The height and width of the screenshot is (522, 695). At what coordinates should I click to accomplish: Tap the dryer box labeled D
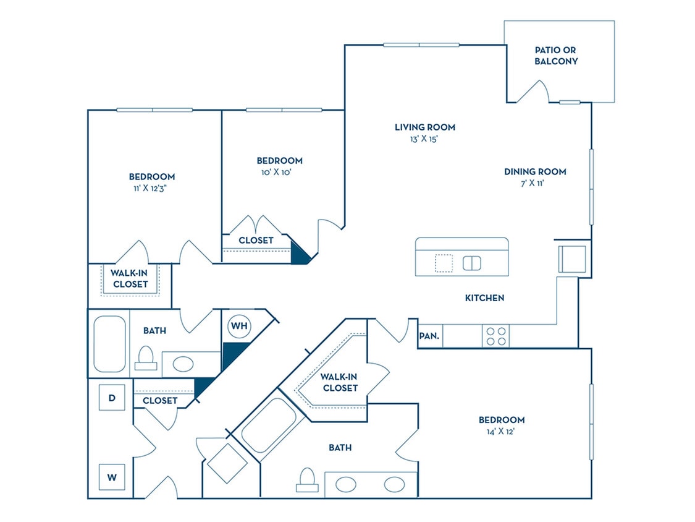pyautogui.click(x=112, y=398)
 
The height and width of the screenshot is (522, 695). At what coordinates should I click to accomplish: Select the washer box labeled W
pyautogui.click(x=112, y=477)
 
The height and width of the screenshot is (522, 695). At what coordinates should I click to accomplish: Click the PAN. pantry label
pyautogui.click(x=429, y=336)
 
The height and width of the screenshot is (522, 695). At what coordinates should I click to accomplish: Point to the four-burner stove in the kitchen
pyautogui.click(x=495, y=336)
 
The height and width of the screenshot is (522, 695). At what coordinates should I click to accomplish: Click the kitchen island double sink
pyautogui.click(x=472, y=263)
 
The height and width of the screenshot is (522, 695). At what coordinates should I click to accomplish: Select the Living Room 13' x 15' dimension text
pyautogui.click(x=425, y=139)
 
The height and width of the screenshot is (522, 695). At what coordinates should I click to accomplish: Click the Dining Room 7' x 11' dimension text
pyautogui.click(x=535, y=184)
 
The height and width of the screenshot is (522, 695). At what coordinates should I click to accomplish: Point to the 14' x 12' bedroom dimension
pyautogui.click(x=502, y=432)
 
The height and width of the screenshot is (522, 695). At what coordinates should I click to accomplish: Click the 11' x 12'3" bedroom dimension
pyautogui.click(x=152, y=188)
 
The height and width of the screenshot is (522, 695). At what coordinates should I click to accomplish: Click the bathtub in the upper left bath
pyautogui.click(x=109, y=344)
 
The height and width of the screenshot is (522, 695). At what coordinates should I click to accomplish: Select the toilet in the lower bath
pyautogui.click(x=307, y=479)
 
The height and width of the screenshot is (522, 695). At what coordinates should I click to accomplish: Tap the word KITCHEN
pyautogui.click(x=484, y=298)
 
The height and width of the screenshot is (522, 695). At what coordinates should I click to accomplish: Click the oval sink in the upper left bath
pyautogui.click(x=183, y=364)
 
